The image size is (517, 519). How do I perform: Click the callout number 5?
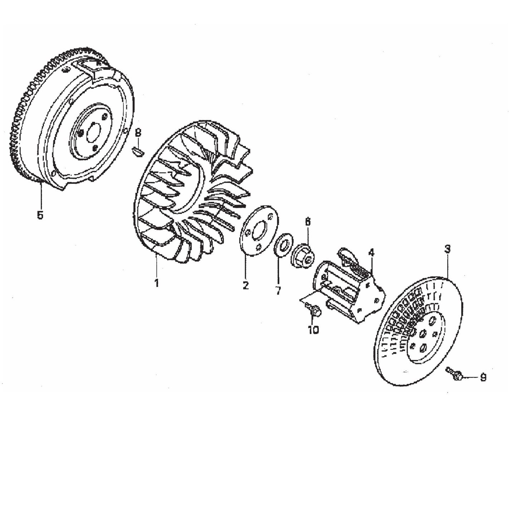click(40, 215)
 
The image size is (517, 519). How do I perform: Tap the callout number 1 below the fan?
click(156, 283)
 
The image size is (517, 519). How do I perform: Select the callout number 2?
click(245, 285)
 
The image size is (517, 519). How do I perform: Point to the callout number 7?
click(278, 290)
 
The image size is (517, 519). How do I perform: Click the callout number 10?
click(313, 330)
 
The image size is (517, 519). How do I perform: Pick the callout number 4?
click(371, 253)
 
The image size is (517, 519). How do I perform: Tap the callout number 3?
click(447, 249)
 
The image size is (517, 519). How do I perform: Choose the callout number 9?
click(483, 378)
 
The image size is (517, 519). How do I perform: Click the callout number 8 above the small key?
click(138, 133)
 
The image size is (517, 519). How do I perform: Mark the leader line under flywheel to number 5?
click(41, 195)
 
